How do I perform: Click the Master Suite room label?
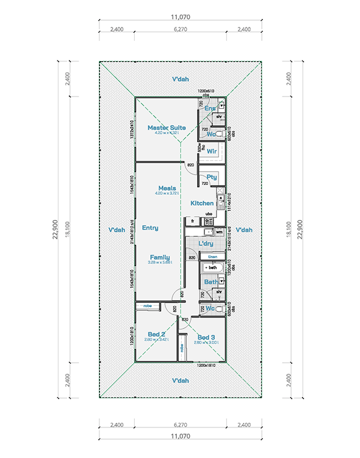(166, 128)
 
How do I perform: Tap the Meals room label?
(167, 188)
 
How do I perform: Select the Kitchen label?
(202, 203)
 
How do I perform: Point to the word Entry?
(150, 228)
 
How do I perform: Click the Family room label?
(159, 257)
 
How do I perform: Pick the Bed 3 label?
(207, 337)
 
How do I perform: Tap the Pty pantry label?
(212, 177)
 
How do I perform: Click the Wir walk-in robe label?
(212, 151)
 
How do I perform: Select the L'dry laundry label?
(207, 244)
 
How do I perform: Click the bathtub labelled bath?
(212, 268)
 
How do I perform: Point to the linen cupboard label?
(212, 256)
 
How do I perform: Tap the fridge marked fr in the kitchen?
(192, 220)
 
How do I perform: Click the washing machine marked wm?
(218, 232)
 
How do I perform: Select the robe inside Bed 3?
(182, 347)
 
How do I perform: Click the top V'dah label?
(179, 80)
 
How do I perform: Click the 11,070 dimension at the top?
(179, 18)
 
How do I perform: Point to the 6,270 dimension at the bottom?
(179, 424)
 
